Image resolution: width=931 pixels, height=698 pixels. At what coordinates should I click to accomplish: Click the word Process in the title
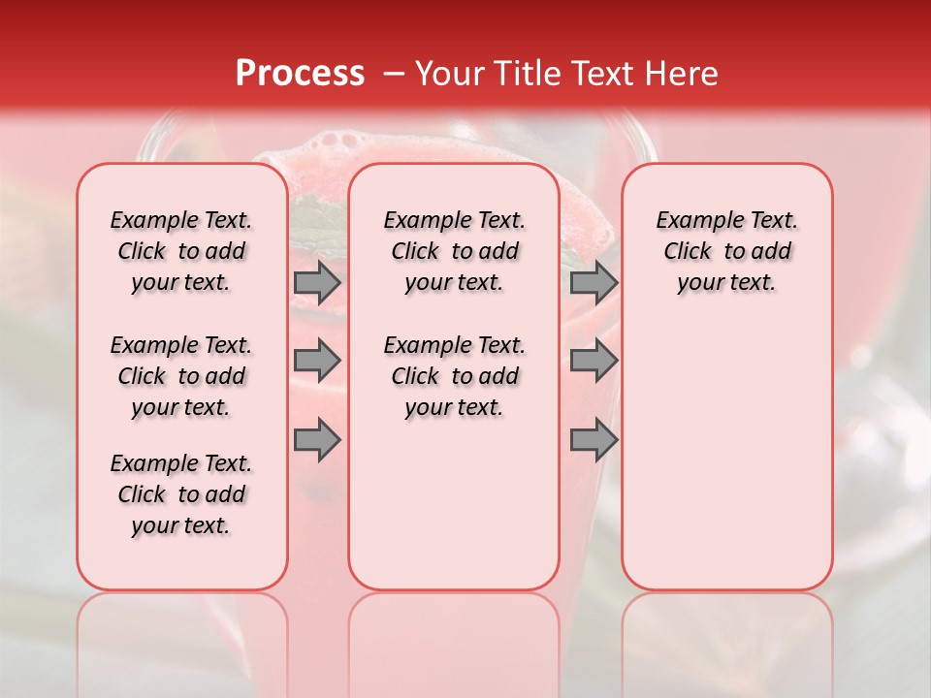[x=300, y=74]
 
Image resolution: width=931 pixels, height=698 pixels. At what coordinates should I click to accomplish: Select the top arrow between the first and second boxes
[x=317, y=282]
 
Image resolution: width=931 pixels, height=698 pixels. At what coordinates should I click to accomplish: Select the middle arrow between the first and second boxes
[x=317, y=361]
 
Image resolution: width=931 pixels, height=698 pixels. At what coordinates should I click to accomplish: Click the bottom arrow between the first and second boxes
[x=317, y=440]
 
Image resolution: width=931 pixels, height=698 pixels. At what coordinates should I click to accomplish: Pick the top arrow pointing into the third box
[x=594, y=282]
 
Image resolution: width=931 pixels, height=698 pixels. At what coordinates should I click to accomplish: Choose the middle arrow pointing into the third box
[x=594, y=361]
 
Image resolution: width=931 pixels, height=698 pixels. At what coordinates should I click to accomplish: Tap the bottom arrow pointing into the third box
[x=594, y=440]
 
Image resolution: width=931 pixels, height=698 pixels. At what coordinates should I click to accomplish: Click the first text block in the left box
[x=181, y=251]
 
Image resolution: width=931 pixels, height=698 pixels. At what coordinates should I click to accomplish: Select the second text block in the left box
[x=181, y=376]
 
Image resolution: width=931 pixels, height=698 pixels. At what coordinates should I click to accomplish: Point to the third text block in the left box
[x=181, y=494]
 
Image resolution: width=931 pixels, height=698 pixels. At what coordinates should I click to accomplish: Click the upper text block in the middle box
[x=454, y=251]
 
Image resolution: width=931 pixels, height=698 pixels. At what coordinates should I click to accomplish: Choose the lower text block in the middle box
[x=454, y=376]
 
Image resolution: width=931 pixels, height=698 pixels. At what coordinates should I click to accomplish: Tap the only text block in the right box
[x=726, y=251]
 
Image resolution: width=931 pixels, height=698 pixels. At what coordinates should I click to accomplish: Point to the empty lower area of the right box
[x=726, y=446]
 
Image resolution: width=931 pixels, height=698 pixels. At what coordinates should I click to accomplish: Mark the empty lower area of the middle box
[x=454, y=504]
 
